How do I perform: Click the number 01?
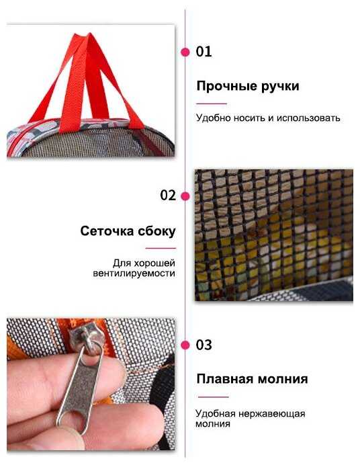(204, 52)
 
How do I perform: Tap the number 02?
(168, 196)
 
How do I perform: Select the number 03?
(204, 345)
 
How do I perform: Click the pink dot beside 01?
(185, 52)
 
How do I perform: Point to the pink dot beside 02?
(185, 196)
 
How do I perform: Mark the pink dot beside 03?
(185, 345)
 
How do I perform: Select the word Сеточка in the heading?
(107, 231)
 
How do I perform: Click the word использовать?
(308, 118)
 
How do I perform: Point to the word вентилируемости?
(134, 273)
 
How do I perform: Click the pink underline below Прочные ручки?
(212, 103)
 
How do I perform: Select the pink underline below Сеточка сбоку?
(161, 248)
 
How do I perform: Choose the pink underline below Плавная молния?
(214, 396)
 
